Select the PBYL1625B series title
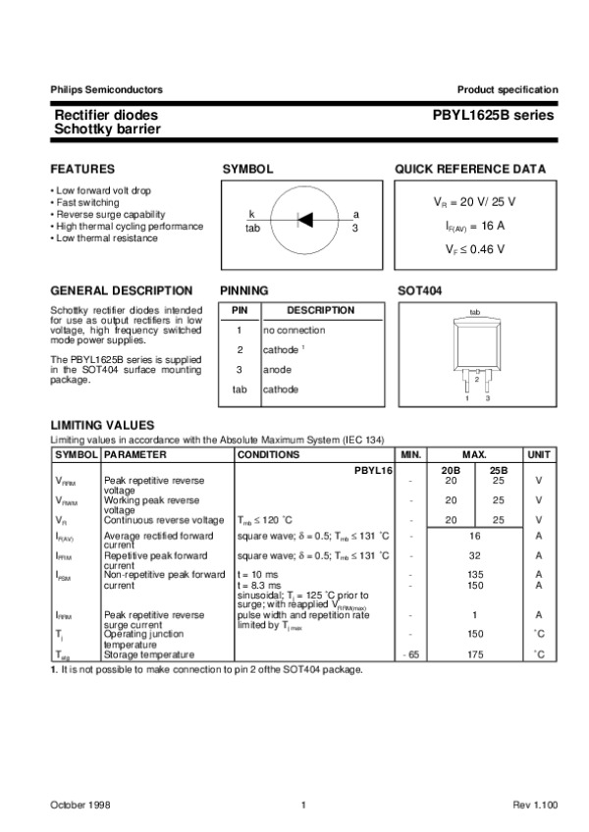pos(493,116)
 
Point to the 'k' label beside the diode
pos(251,214)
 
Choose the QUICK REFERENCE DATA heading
pos(470,169)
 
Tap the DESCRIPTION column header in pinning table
pos(320,310)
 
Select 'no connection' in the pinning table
pos(294,331)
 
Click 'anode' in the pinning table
pos(277,370)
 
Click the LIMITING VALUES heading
pos(102,424)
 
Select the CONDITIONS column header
pos(268,455)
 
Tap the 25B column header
pos(499,470)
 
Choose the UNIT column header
pos(539,455)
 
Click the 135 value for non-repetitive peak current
pos(475,575)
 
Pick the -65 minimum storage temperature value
pos(410,653)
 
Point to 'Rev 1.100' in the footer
pos(534,805)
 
